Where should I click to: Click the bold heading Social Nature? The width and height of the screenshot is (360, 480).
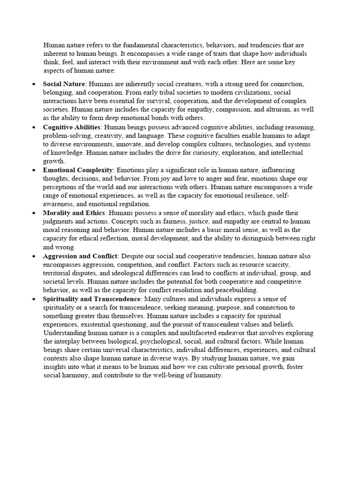pyautogui.click(x=61, y=84)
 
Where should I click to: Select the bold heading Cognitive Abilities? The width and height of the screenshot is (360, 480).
pyautogui.click(x=72, y=127)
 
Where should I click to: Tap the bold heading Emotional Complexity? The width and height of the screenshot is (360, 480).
pyautogui.click(x=78, y=170)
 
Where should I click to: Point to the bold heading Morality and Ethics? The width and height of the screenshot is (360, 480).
pyautogui.click(x=74, y=213)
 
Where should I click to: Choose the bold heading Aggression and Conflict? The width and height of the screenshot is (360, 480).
pyautogui.click(x=80, y=256)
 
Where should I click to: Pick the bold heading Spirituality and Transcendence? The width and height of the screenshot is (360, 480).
pyautogui.click(x=92, y=299)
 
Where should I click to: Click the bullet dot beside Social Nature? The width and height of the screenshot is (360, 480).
pyautogui.click(x=33, y=84)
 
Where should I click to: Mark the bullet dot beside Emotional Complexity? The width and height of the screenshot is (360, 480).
pyautogui.click(x=33, y=170)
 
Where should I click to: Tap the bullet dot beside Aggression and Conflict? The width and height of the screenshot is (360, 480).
pyautogui.click(x=33, y=256)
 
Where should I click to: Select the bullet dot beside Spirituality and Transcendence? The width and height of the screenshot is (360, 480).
pyautogui.click(x=33, y=299)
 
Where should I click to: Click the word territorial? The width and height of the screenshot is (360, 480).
pyautogui.click(x=58, y=273)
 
